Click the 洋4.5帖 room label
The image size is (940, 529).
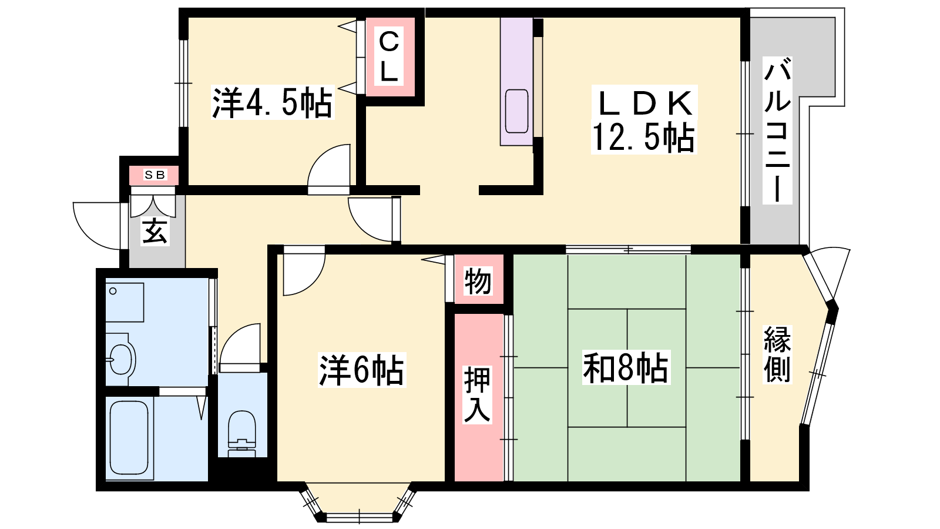(x=273, y=102)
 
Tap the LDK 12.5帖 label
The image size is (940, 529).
(x=644, y=120)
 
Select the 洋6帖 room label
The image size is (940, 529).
(x=361, y=370)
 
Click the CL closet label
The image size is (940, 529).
(x=389, y=57)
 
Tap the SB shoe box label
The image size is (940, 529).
(x=155, y=175)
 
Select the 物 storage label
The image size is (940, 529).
(x=478, y=282)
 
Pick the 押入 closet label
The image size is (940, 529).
(x=477, y=394)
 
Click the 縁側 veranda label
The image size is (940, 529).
(x=777, y=354)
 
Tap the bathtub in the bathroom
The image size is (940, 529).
(x=129, y=437)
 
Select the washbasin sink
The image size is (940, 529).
(x=120, y=359)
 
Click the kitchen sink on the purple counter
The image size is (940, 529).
(x=516, y=111)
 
